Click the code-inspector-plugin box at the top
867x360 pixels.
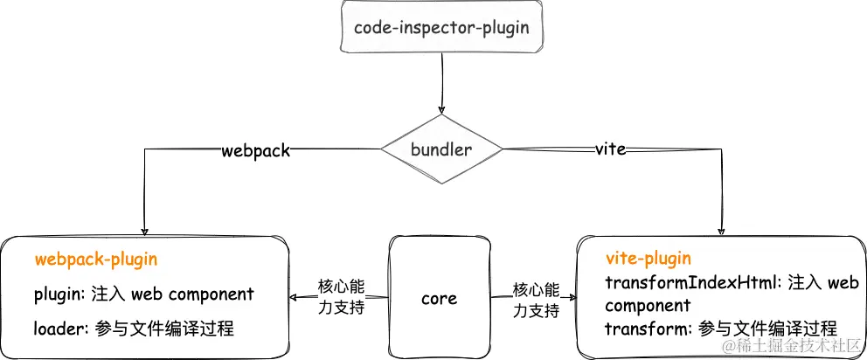pos(440,27)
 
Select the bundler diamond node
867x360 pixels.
pos(442,149)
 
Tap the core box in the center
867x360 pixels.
pos(438,299)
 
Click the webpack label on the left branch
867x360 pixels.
pos(255,150)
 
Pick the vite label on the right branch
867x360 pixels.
pos(609,149)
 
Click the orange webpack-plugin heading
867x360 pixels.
pos(95,260)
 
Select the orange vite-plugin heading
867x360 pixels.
pos(648,259)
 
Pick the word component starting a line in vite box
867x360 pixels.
pos(648,306)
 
